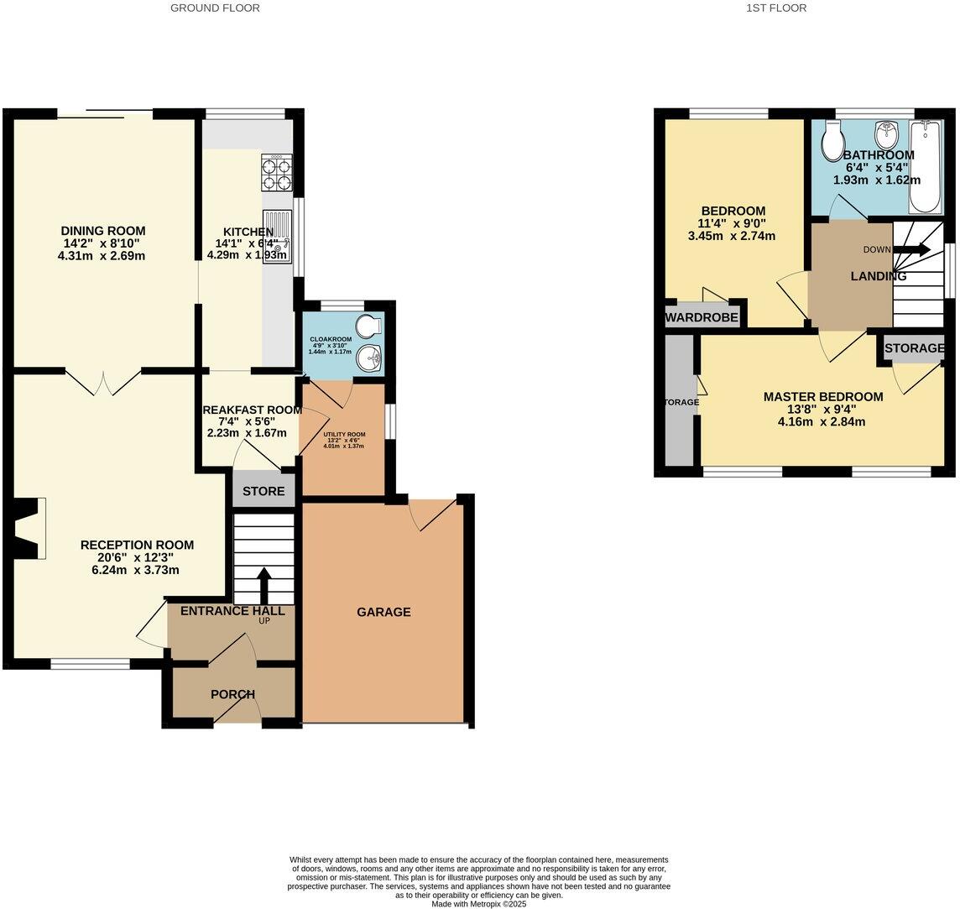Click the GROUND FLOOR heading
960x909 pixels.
(215, 8)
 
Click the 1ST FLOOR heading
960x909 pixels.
(775, 8)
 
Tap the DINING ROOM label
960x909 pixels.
(102, 231)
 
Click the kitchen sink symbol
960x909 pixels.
(278, 236)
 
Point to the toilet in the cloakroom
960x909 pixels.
(367, 325)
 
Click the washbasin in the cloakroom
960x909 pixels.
(368, 358)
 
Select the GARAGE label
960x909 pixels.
(383, 612)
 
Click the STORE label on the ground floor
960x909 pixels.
(264, 491)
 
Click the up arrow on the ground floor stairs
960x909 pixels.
(263, 584)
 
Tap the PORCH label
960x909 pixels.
(232, 694)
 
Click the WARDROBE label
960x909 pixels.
(702, 317)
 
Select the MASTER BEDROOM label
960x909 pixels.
(822, 397)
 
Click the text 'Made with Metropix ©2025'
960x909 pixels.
(478, 903)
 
